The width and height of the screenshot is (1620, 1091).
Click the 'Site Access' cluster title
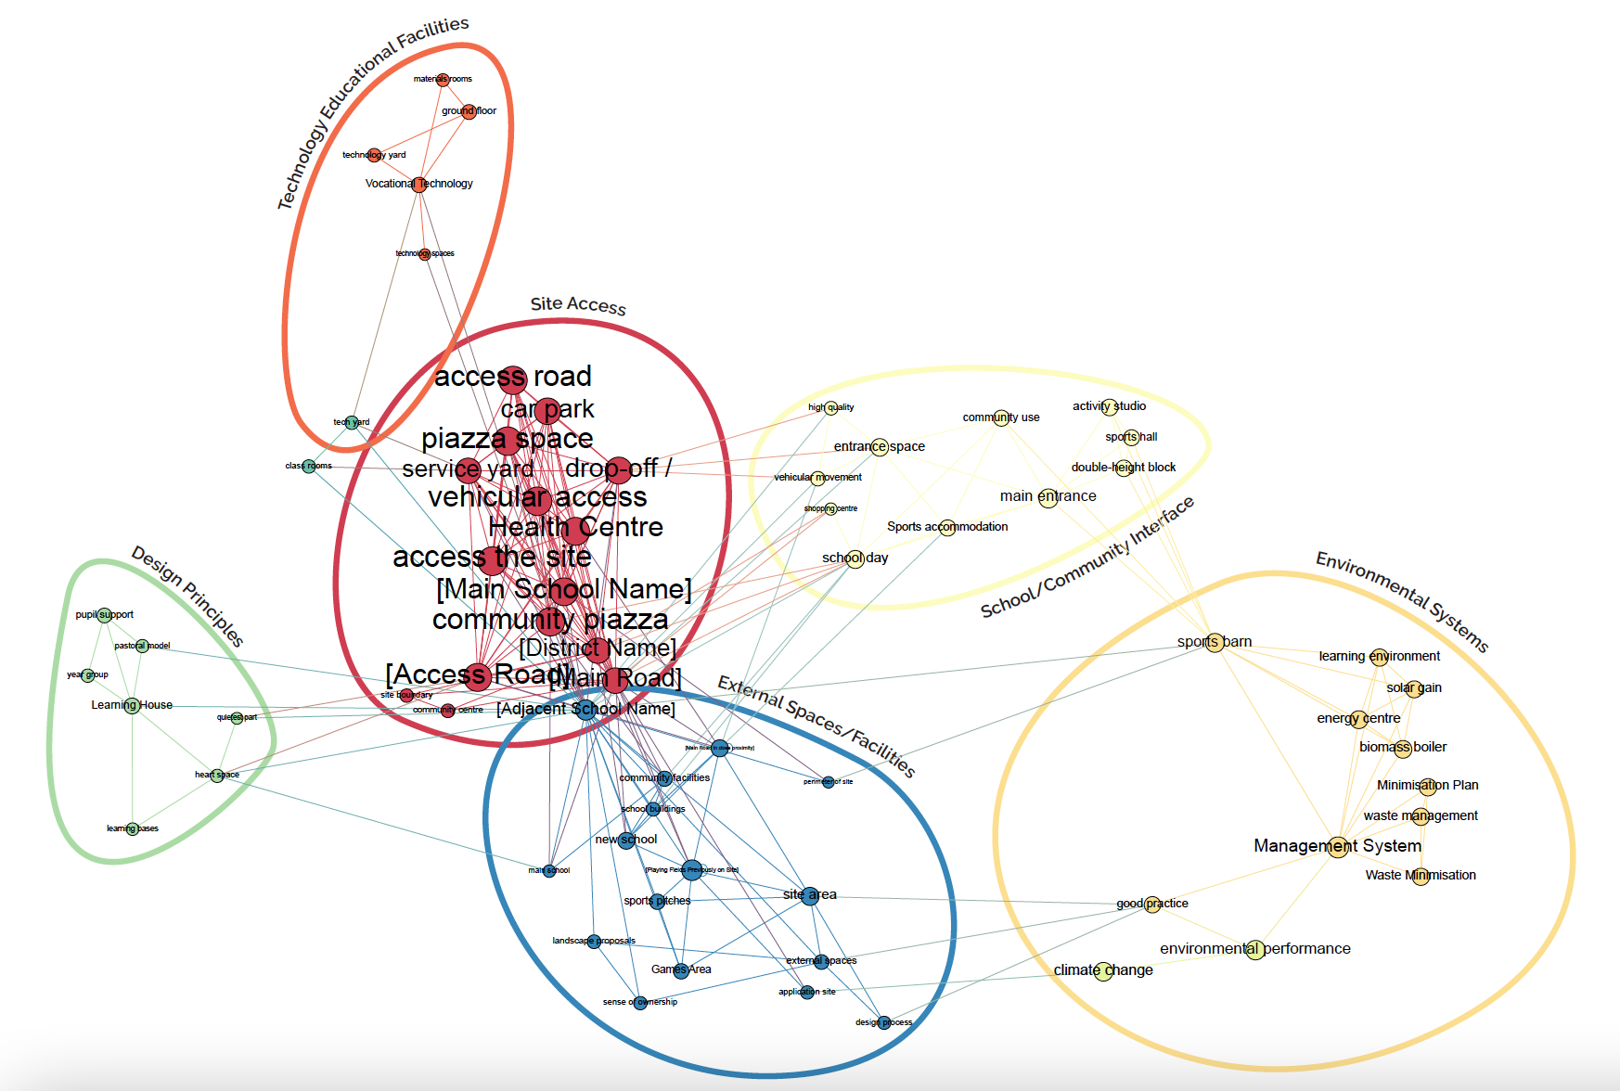pyautogui.click(x=578, y=305)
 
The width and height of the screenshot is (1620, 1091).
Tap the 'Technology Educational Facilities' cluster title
pyautogui.click(x=372, y=111)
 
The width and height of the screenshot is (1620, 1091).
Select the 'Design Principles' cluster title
pyautogui.click(x=187, y=596)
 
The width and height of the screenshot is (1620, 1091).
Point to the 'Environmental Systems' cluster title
pyautogui.click(x=1402, y=601)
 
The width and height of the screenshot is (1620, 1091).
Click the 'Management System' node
pyautogui.click(x=1337, y=846)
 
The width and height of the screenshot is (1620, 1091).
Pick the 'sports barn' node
pyautogui.click(x=1215, y=642)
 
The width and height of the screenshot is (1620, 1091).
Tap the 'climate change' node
pyautogui.click(x=1103, y=970)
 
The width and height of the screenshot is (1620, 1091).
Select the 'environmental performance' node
pyautogui.click(x=1254, y=949)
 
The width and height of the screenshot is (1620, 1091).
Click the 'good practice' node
pyautogui.click(x=1152, y=904)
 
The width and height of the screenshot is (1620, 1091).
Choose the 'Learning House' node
pyautogui.click(x=132, y=705)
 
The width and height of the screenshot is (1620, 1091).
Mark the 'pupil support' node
pyautogui.click(x=105, y=614)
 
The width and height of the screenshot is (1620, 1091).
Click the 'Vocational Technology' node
pyautogui.click(x=419, y=184)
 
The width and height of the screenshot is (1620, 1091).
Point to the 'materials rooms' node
pyautogui.click(x=443, y=79)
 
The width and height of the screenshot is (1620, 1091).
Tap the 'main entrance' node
pyautogui.click(x=1048, y=497)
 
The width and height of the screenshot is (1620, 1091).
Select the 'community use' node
pyautogui.click(x=1001, y=417)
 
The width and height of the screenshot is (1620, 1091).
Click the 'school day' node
pyautogui.click(x=855, y=558)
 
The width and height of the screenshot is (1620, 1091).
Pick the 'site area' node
pyautogui.click(x=810, y=895)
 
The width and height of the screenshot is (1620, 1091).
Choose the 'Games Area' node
pyautogui.click(x=681, y=969)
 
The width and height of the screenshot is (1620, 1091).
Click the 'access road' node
pyautogui.click(x=512, y=378)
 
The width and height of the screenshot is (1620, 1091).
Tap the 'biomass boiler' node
pyautogui.click(x=1403, y=748)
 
